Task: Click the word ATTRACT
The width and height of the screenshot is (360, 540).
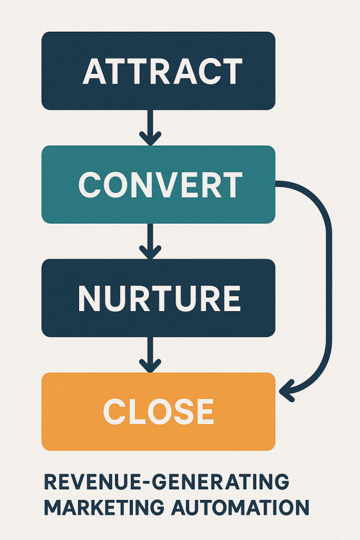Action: (x=162, y=71)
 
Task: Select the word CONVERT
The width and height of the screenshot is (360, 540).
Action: (x=160, y=185)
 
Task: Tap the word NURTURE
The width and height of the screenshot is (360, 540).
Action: (x=159, y=298)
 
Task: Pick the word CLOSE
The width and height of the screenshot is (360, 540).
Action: (x=159, y=411)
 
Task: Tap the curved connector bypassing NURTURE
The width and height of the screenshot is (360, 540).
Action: (x=329, y=285)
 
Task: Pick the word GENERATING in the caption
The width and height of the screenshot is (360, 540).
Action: (x=217, y=482)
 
